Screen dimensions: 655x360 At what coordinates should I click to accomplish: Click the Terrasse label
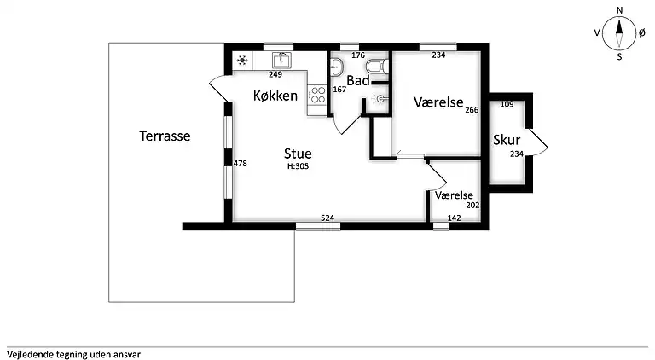(x=165, y=136)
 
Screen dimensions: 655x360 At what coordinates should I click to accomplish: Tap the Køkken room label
(x=275, y=96)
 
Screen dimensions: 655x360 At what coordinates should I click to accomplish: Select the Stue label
(x=298, y=154)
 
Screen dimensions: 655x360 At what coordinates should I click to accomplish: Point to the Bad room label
(x=358, y=80)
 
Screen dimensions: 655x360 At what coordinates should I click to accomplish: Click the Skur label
(x=507, y=140)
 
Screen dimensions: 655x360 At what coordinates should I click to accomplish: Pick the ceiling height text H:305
(x=298, y=166)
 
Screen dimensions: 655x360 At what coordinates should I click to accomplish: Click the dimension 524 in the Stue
(x=327, y=218)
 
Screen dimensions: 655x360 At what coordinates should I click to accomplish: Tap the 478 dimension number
(x=241, y=163)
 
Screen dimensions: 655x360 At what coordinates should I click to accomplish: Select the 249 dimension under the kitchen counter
(x=275, y=75)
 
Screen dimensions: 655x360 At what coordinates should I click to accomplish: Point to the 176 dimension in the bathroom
(x=358, y=55)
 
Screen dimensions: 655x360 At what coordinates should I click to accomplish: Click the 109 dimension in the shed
(x=507, y=104)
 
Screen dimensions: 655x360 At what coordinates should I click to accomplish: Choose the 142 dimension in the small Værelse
(x=454, y=218)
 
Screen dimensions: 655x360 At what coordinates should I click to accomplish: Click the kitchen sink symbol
(x=281, y=60)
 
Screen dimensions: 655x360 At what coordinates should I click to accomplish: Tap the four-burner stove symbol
(x=317, y=95)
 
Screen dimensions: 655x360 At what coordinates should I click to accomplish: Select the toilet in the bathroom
(x=378, y=67)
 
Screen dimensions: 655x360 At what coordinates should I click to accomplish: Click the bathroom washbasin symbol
(x=336, y=67)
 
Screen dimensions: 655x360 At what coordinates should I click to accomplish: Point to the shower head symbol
(x=380, y=99)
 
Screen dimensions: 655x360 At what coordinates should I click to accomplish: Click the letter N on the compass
(x=619, y=10)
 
